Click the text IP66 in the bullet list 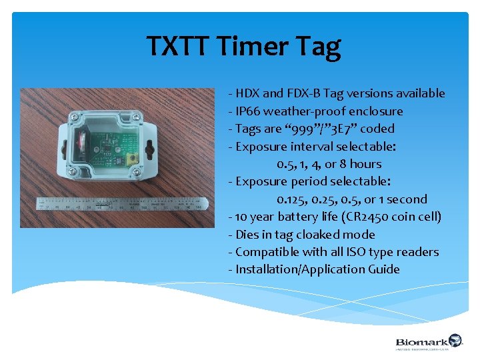click(x=249, y=111)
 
